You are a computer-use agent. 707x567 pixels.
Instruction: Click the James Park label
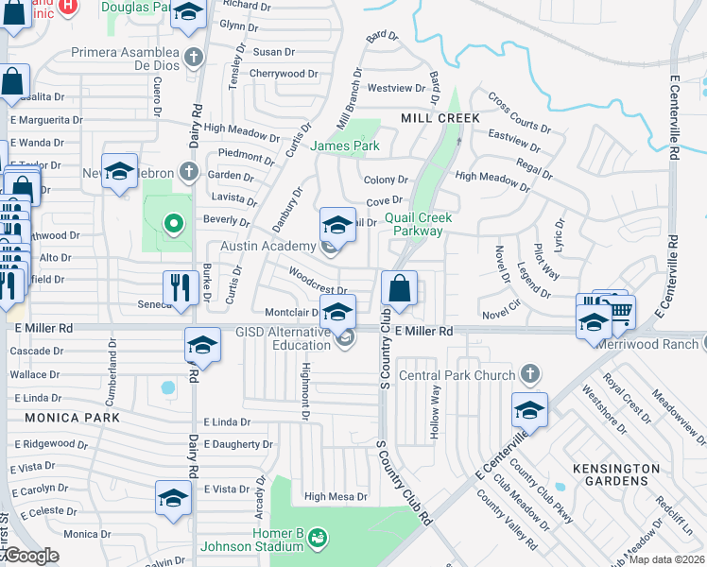click(345, 146)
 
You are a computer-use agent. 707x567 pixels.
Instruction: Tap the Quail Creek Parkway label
click(418, 224)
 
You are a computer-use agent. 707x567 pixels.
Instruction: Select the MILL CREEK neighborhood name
click(440, 117)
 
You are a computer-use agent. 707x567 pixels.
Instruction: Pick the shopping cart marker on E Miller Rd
click(620, 311)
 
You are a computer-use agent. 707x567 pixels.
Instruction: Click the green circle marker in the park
click(172, 224)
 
